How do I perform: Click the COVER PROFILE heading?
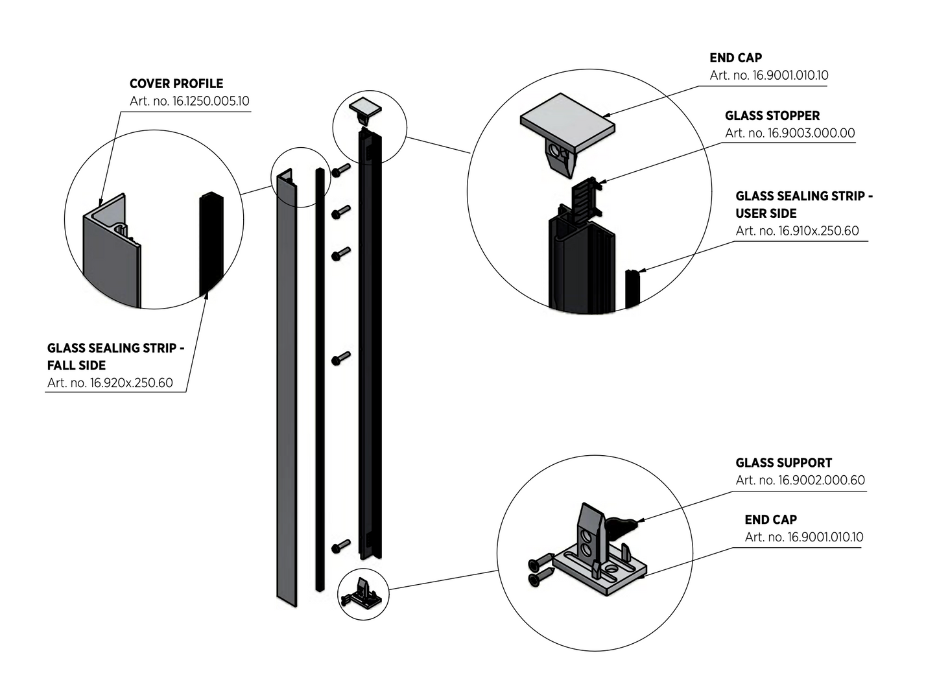176,84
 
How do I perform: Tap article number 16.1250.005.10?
189,101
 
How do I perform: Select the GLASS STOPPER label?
772,115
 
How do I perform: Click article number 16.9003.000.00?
789,133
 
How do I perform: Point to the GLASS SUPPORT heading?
783,463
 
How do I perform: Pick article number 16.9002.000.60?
800,480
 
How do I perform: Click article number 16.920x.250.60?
110,383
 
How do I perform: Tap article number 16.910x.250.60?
797,231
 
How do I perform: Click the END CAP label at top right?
735,58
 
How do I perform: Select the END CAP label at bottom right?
770,519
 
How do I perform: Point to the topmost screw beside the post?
340,171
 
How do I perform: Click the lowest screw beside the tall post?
340,547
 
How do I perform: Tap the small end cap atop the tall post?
366,108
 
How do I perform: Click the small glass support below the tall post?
363,593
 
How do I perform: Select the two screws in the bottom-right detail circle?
540,571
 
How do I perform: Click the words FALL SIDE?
76,365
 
